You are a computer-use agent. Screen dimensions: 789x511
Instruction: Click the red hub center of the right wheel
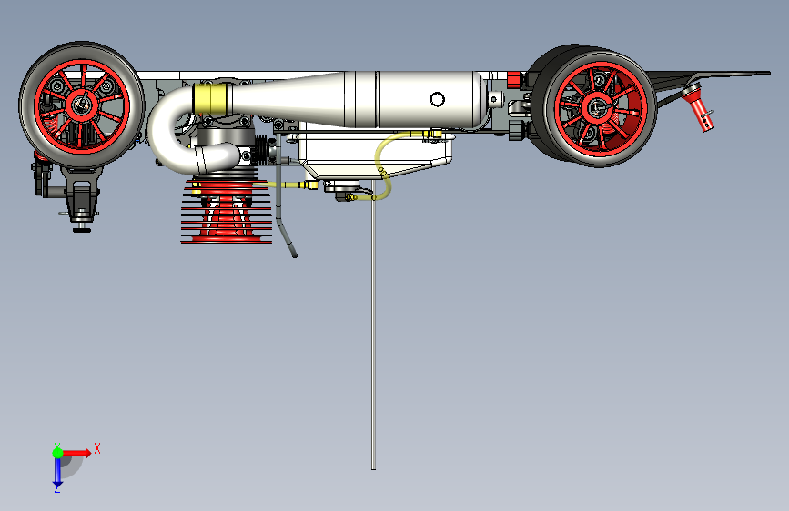(596, 107)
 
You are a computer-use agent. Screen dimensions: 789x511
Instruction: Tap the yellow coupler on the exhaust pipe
(215, 98)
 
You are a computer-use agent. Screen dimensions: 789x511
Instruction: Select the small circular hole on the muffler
(437, 99)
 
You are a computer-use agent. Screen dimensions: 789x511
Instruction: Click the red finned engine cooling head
(227, 212)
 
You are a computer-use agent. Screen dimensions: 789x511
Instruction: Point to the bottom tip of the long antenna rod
(373, 469)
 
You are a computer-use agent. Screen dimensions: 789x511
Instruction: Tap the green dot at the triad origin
(57, 453)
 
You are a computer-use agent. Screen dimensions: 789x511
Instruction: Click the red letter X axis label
(97, 448)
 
